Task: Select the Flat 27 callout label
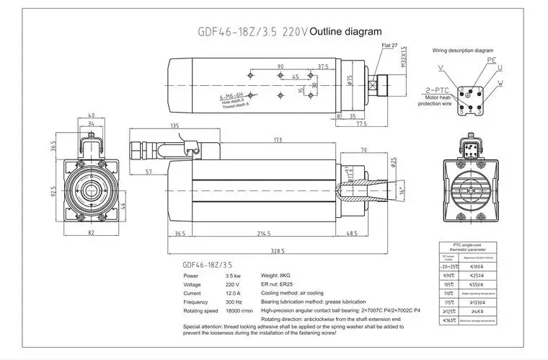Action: point(390,46)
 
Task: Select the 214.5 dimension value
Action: point(264,234)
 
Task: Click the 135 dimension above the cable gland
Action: point(174,126)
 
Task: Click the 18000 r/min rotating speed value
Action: point(238,311)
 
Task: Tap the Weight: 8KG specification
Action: point(275,276)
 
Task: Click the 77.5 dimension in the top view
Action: point(361,123)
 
